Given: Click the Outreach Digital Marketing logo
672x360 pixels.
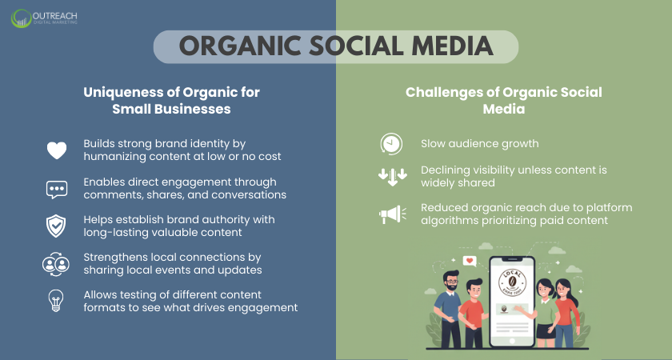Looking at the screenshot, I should click(x=45, y=18).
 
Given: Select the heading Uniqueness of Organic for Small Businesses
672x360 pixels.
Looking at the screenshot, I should click(x=171, y=101).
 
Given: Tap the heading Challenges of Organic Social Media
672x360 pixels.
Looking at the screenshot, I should click(x=503, y=101).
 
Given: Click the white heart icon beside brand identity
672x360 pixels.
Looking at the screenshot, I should click(x=57, y=150).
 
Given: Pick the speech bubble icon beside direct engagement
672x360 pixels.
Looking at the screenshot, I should click(x=57, y=190).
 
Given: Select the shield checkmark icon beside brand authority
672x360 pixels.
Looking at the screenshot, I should click(x=57, y=226).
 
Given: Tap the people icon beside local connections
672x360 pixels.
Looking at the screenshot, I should click(x=57, y=264).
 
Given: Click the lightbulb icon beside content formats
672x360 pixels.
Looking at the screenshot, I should click(x=57, y=302).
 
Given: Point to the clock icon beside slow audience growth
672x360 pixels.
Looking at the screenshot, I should click(x=391, y=144).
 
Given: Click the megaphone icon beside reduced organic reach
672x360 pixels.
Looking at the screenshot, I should click(x=391, y=214).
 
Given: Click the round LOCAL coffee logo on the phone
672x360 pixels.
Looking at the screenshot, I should click(x=511, y=282).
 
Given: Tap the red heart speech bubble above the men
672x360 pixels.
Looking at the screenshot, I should click(x=470, y=261).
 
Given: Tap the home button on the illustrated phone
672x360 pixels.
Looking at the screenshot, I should click(x=510, y=340).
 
